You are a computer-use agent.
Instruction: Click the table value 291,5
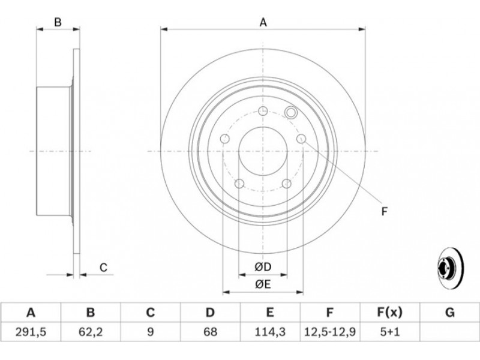[x=31, y=332]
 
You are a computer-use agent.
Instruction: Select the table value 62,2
[x=91, y=332]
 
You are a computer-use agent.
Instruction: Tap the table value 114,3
[x=269, y=332]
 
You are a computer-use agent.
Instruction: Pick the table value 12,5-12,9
[x=329, y=332]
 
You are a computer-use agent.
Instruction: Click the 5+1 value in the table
[x=389, y=332]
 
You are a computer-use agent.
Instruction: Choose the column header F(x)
[x=389, y=313]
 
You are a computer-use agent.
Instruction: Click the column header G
[x=449, y=313]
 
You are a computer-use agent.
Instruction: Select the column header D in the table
[x=210, y=313]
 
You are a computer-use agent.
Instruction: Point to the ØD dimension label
[x=263, y=267]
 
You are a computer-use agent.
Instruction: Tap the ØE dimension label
[x=263, y=284]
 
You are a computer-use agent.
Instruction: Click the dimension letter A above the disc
[x=263, y=22]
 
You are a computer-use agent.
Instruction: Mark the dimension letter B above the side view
[x=58, y=22]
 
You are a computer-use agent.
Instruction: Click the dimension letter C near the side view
[x=103, y=268]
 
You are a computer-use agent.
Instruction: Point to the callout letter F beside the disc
[x=385, y=211]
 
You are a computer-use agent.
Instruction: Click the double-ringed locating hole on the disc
[x=290, y=112]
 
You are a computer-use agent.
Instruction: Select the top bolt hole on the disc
[x=263, y=111]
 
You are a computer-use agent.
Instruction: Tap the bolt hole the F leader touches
[x=301, y=139]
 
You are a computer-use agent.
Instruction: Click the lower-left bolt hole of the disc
[x=239, y=184]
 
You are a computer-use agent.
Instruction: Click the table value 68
[x=210, y=332]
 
